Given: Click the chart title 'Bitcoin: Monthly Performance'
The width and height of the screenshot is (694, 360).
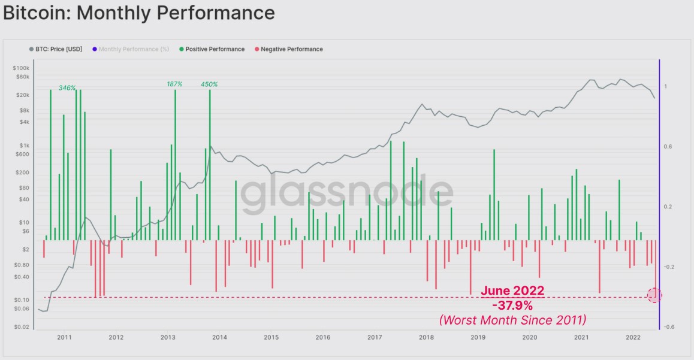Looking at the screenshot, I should (x=139, y=13).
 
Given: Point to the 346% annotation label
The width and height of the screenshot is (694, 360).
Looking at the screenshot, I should (x=67, y=88).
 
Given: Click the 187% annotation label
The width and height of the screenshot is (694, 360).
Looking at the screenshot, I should (x=174, y=84).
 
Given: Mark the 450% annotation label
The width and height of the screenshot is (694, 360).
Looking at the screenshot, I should (x=209, y=84).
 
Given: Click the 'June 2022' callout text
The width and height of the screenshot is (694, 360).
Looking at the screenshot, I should (x=512, y=291).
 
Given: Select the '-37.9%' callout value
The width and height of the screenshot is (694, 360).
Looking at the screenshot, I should (x=512, y=306).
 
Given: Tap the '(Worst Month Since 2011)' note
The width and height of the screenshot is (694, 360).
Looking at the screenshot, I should (x=512, y=320).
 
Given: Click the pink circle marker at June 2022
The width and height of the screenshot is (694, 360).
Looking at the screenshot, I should (x=654, y=295).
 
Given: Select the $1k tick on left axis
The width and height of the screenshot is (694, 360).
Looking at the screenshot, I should (x=24, y=146).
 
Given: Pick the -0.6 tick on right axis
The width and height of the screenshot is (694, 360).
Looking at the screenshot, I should (x=669, y=327).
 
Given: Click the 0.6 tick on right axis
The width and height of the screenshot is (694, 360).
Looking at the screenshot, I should (x=668, y=147).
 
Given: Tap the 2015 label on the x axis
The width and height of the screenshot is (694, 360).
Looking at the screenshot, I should (x=271, y=337).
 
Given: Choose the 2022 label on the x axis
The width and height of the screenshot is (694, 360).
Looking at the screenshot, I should (x=633, y=337).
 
